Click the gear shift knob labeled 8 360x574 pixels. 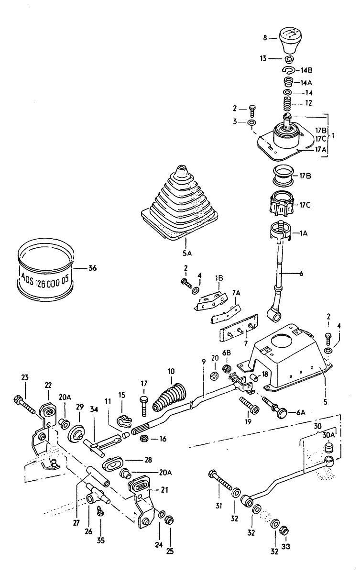pyautogui.click(x=290, y=40)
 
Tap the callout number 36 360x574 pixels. pyautogui.click(x=92, y=268)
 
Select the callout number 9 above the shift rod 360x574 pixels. pyautogui.click(x=204, y=361)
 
